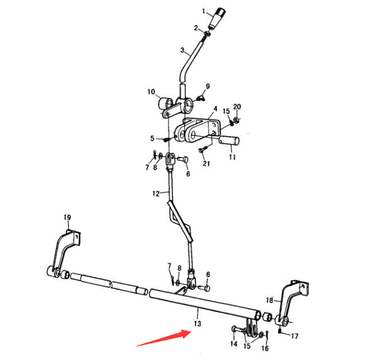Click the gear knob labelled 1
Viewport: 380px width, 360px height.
(217, 18)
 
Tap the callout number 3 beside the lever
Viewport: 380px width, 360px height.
(182, 50)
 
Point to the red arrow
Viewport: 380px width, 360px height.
(164, 338)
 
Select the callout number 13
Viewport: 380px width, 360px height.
(197, 324)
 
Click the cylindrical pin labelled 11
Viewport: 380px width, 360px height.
(229, 140)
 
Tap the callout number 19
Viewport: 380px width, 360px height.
(68, 217)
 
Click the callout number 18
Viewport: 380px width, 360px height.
(270, 301)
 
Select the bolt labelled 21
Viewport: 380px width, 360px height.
(203, 149)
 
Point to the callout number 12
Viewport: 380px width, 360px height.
(156, 193)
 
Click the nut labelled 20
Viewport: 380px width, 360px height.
(236, 120)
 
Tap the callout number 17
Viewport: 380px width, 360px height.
(294, 337)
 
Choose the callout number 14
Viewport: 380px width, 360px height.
(234, 344)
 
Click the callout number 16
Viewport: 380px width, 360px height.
(265, 348)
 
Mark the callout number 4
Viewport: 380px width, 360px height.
(215, 109)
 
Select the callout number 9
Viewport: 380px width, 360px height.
(208, 86)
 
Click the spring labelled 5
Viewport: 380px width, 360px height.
(166, 140)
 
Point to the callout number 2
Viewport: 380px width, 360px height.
(196, 28)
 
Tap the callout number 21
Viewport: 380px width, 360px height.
(206, 163)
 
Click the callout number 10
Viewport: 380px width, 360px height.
(151, 92)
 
